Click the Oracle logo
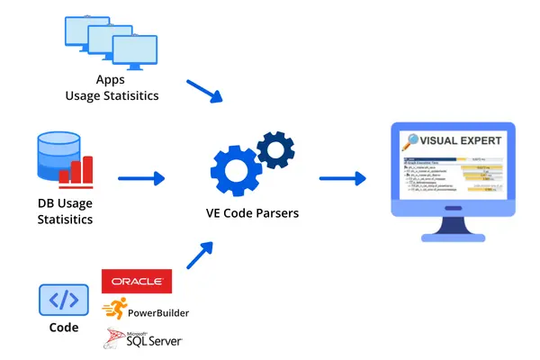click(x=136, y=281)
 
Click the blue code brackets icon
click(x=63, y=300)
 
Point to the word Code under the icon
click(x=63, y=328)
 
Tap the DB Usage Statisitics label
click(x=65, y=211)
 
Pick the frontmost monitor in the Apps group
click(x=131, y=53)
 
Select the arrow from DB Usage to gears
click(x=141, y=178)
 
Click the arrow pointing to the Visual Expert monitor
click(x=342, y=178)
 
